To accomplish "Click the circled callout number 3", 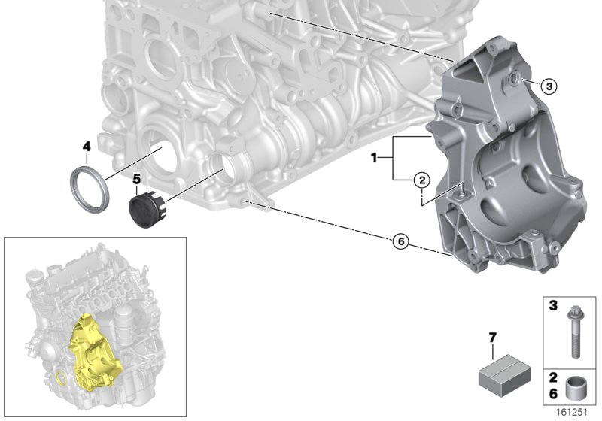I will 550,87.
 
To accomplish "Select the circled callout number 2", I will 421,180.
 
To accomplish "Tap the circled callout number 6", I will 400,241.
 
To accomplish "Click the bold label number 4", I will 87,145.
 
